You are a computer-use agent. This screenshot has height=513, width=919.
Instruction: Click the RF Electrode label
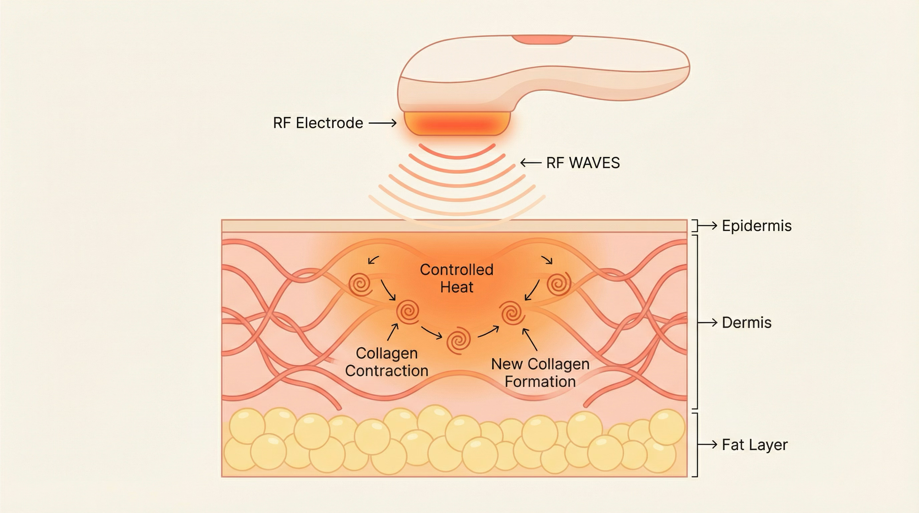[318, 123]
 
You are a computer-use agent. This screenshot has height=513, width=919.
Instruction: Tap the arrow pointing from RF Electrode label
[382, 123]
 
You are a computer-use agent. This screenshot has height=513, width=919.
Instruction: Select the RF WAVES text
[583, 163]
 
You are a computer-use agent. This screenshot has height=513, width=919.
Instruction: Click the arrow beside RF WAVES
[530, 163]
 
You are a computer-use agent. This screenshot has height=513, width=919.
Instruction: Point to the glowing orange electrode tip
[457, 124]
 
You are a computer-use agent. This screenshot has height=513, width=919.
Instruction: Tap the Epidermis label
[756, 226]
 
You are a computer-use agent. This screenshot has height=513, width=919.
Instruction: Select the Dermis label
[746, 323]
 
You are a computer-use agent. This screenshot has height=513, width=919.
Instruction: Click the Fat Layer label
[754, 445]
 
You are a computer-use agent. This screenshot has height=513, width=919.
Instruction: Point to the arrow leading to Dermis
[708, 323]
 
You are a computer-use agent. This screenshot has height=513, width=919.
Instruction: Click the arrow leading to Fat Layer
[708, 445]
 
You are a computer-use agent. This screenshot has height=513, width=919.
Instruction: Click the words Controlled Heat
[456, 278]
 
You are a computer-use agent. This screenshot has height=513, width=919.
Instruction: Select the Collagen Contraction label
[386, 362]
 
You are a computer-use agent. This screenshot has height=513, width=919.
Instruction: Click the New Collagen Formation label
[540, 372]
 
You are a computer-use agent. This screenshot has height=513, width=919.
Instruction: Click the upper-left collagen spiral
[360, 285]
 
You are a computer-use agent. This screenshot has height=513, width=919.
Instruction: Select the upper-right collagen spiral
[559, 284]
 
